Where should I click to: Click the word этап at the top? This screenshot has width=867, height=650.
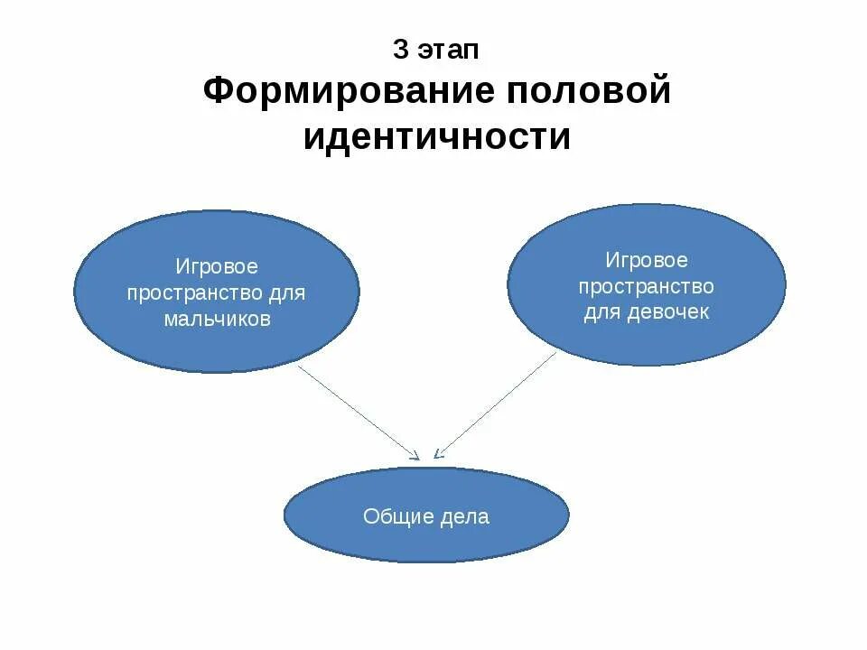(x=449, y=51)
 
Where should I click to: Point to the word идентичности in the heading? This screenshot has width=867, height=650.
(x=437, y=138)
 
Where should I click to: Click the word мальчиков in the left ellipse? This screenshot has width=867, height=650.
(x=217, y=320)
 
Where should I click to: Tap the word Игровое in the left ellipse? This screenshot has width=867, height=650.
(x=217, y=267)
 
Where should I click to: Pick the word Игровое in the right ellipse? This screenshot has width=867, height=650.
(x=647, y=261)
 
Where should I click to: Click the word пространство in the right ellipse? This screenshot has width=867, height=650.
(x=647, y=287)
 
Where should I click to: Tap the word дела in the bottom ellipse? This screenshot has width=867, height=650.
(x=465, y=516)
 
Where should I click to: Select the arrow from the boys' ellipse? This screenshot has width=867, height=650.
(x=357, y=411)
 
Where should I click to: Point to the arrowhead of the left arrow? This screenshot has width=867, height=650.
(x=415, y=457)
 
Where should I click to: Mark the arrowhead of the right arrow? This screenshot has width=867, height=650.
(x=437, y=454)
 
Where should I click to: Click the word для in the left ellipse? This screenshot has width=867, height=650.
(x=288, y=293)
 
